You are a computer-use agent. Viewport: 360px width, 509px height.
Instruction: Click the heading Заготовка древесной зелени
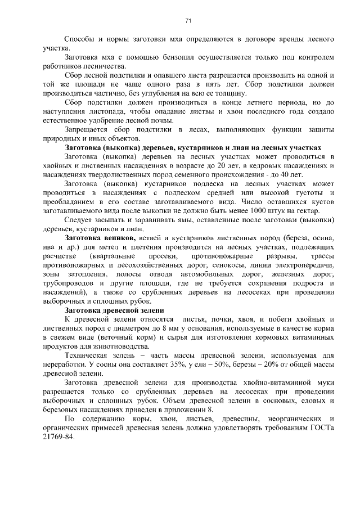point(114,310)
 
